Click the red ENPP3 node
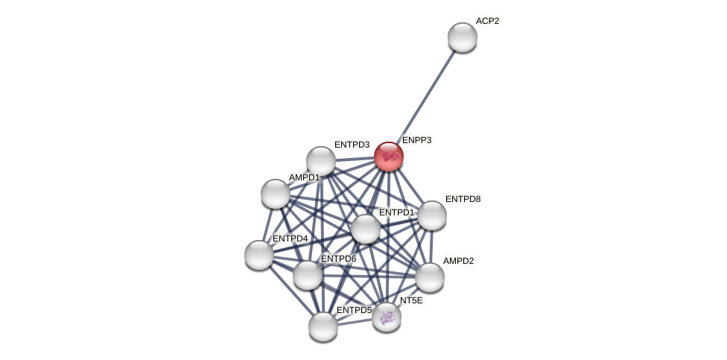tap(388, 157)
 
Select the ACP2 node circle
tap(462, 37)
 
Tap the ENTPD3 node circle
tap(321, 161)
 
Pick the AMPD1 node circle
tap(276, 194)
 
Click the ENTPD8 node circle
tap(431, 215)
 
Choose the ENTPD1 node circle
tap(366, 229)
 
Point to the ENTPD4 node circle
tap(259, 255)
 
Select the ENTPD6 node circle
tap(308, 275)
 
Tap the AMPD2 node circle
tap(430, 277)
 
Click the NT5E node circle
tap(387, 317)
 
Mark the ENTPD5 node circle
tap(323, 326)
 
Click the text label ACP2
tap(487, 21)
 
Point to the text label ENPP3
tap(416, 140)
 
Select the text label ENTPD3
tap(352, 145)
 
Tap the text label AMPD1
tap(304, 177)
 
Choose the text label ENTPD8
tap(463, 199)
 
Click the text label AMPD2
tap(458, 261)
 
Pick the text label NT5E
tap(411, 300)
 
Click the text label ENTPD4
tap(290, 239)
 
